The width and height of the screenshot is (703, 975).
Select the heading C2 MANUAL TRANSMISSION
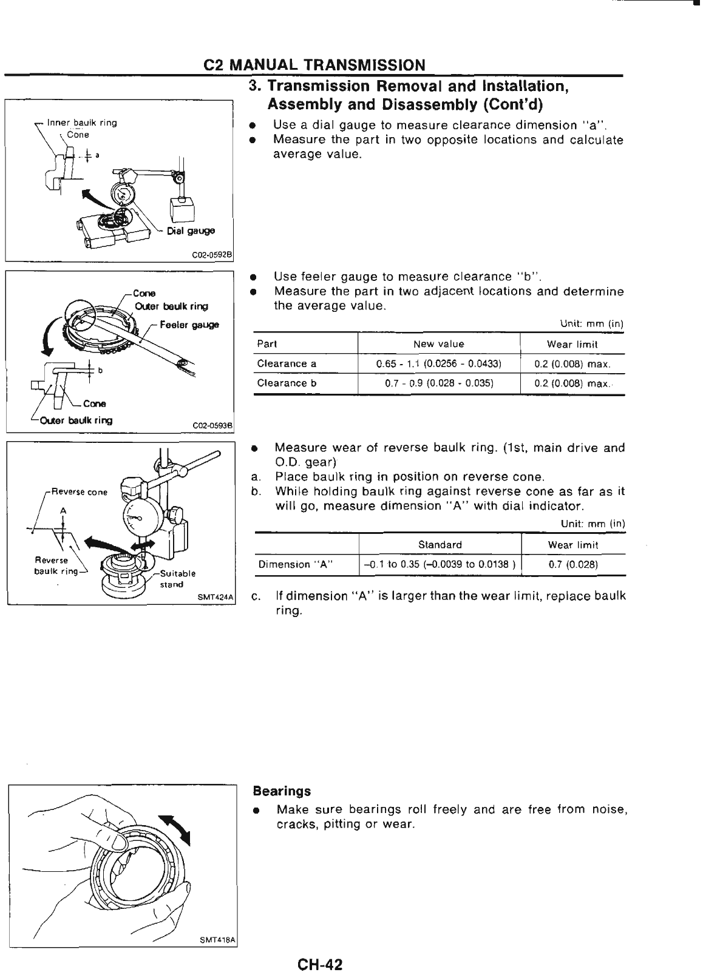314,65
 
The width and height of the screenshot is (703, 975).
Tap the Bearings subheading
281,791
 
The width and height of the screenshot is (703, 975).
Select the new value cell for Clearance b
439,383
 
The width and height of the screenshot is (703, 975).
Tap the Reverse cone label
79,492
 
